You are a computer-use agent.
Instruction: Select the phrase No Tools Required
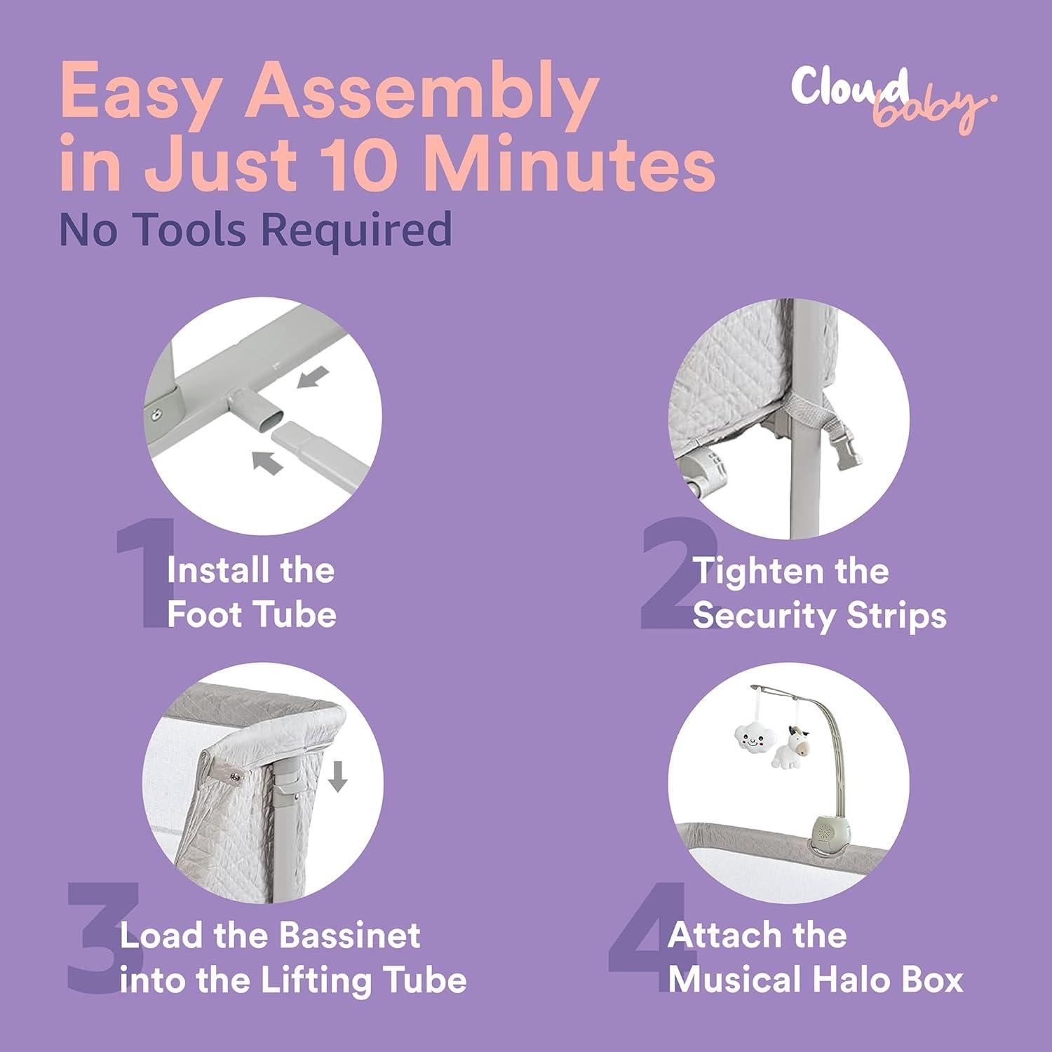tap(255, 229)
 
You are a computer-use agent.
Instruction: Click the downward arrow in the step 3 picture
tap(339, 776)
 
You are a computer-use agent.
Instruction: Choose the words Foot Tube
tap(252, 614)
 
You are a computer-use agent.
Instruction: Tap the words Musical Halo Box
tap(816, 980)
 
